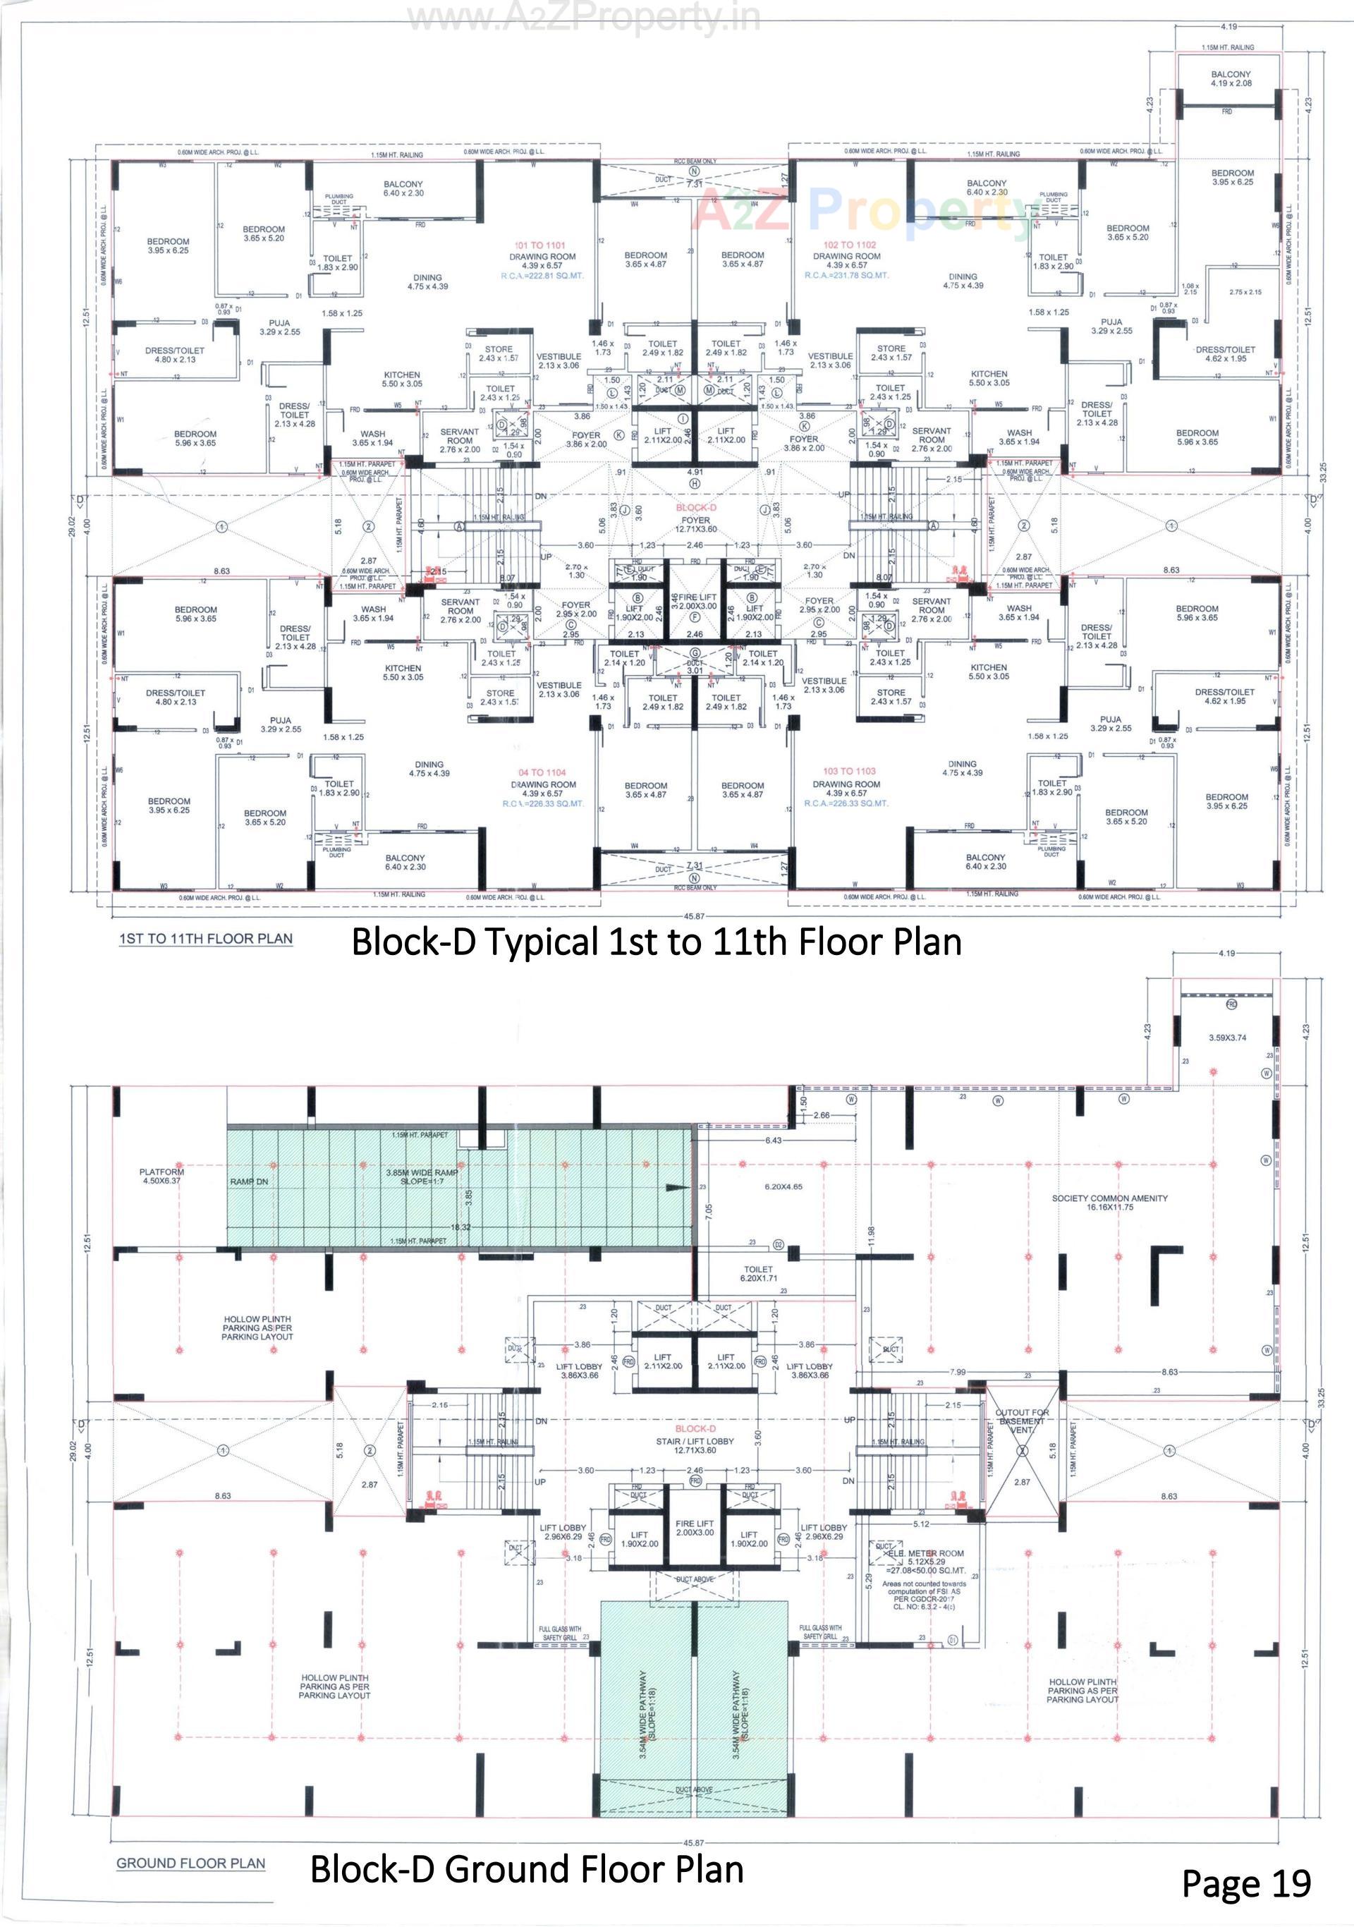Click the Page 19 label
pos(1246,1883)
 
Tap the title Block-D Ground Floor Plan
pos(527,1869)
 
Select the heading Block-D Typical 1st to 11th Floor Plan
pos(656,942)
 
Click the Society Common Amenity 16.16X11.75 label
pos(1109,1203)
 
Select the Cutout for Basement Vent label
pos(1021,1421)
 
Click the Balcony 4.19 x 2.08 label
pos(1231,79)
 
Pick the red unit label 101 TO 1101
pos(539,246)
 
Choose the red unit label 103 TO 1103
pos(849,770)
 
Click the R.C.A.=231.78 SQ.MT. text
pos(846,275)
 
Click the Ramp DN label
pos(248,1181)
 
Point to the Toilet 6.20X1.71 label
pos(757,1274)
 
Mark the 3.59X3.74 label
pos(1227,1038)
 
